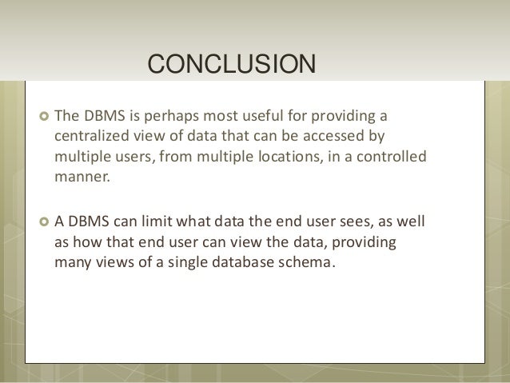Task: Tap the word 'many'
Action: click(x=70, y=261)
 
